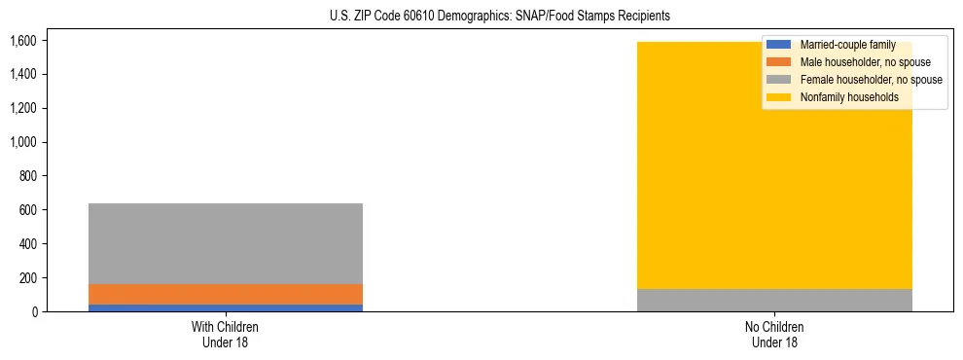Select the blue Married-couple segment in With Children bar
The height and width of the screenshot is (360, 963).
(226, 307)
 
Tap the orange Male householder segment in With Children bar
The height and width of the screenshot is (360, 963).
(226, 294)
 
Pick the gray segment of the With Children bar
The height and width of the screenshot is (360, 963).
(226, 243)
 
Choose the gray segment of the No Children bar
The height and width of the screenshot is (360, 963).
(774, 300)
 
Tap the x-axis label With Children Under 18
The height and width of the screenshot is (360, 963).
(226, 334)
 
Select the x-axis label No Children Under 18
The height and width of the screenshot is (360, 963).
(774, 334)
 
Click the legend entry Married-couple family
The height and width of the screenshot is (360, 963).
(845, 45)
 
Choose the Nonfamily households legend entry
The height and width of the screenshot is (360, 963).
(849, 97)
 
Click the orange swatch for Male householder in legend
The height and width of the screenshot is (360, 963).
(779, 62)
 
